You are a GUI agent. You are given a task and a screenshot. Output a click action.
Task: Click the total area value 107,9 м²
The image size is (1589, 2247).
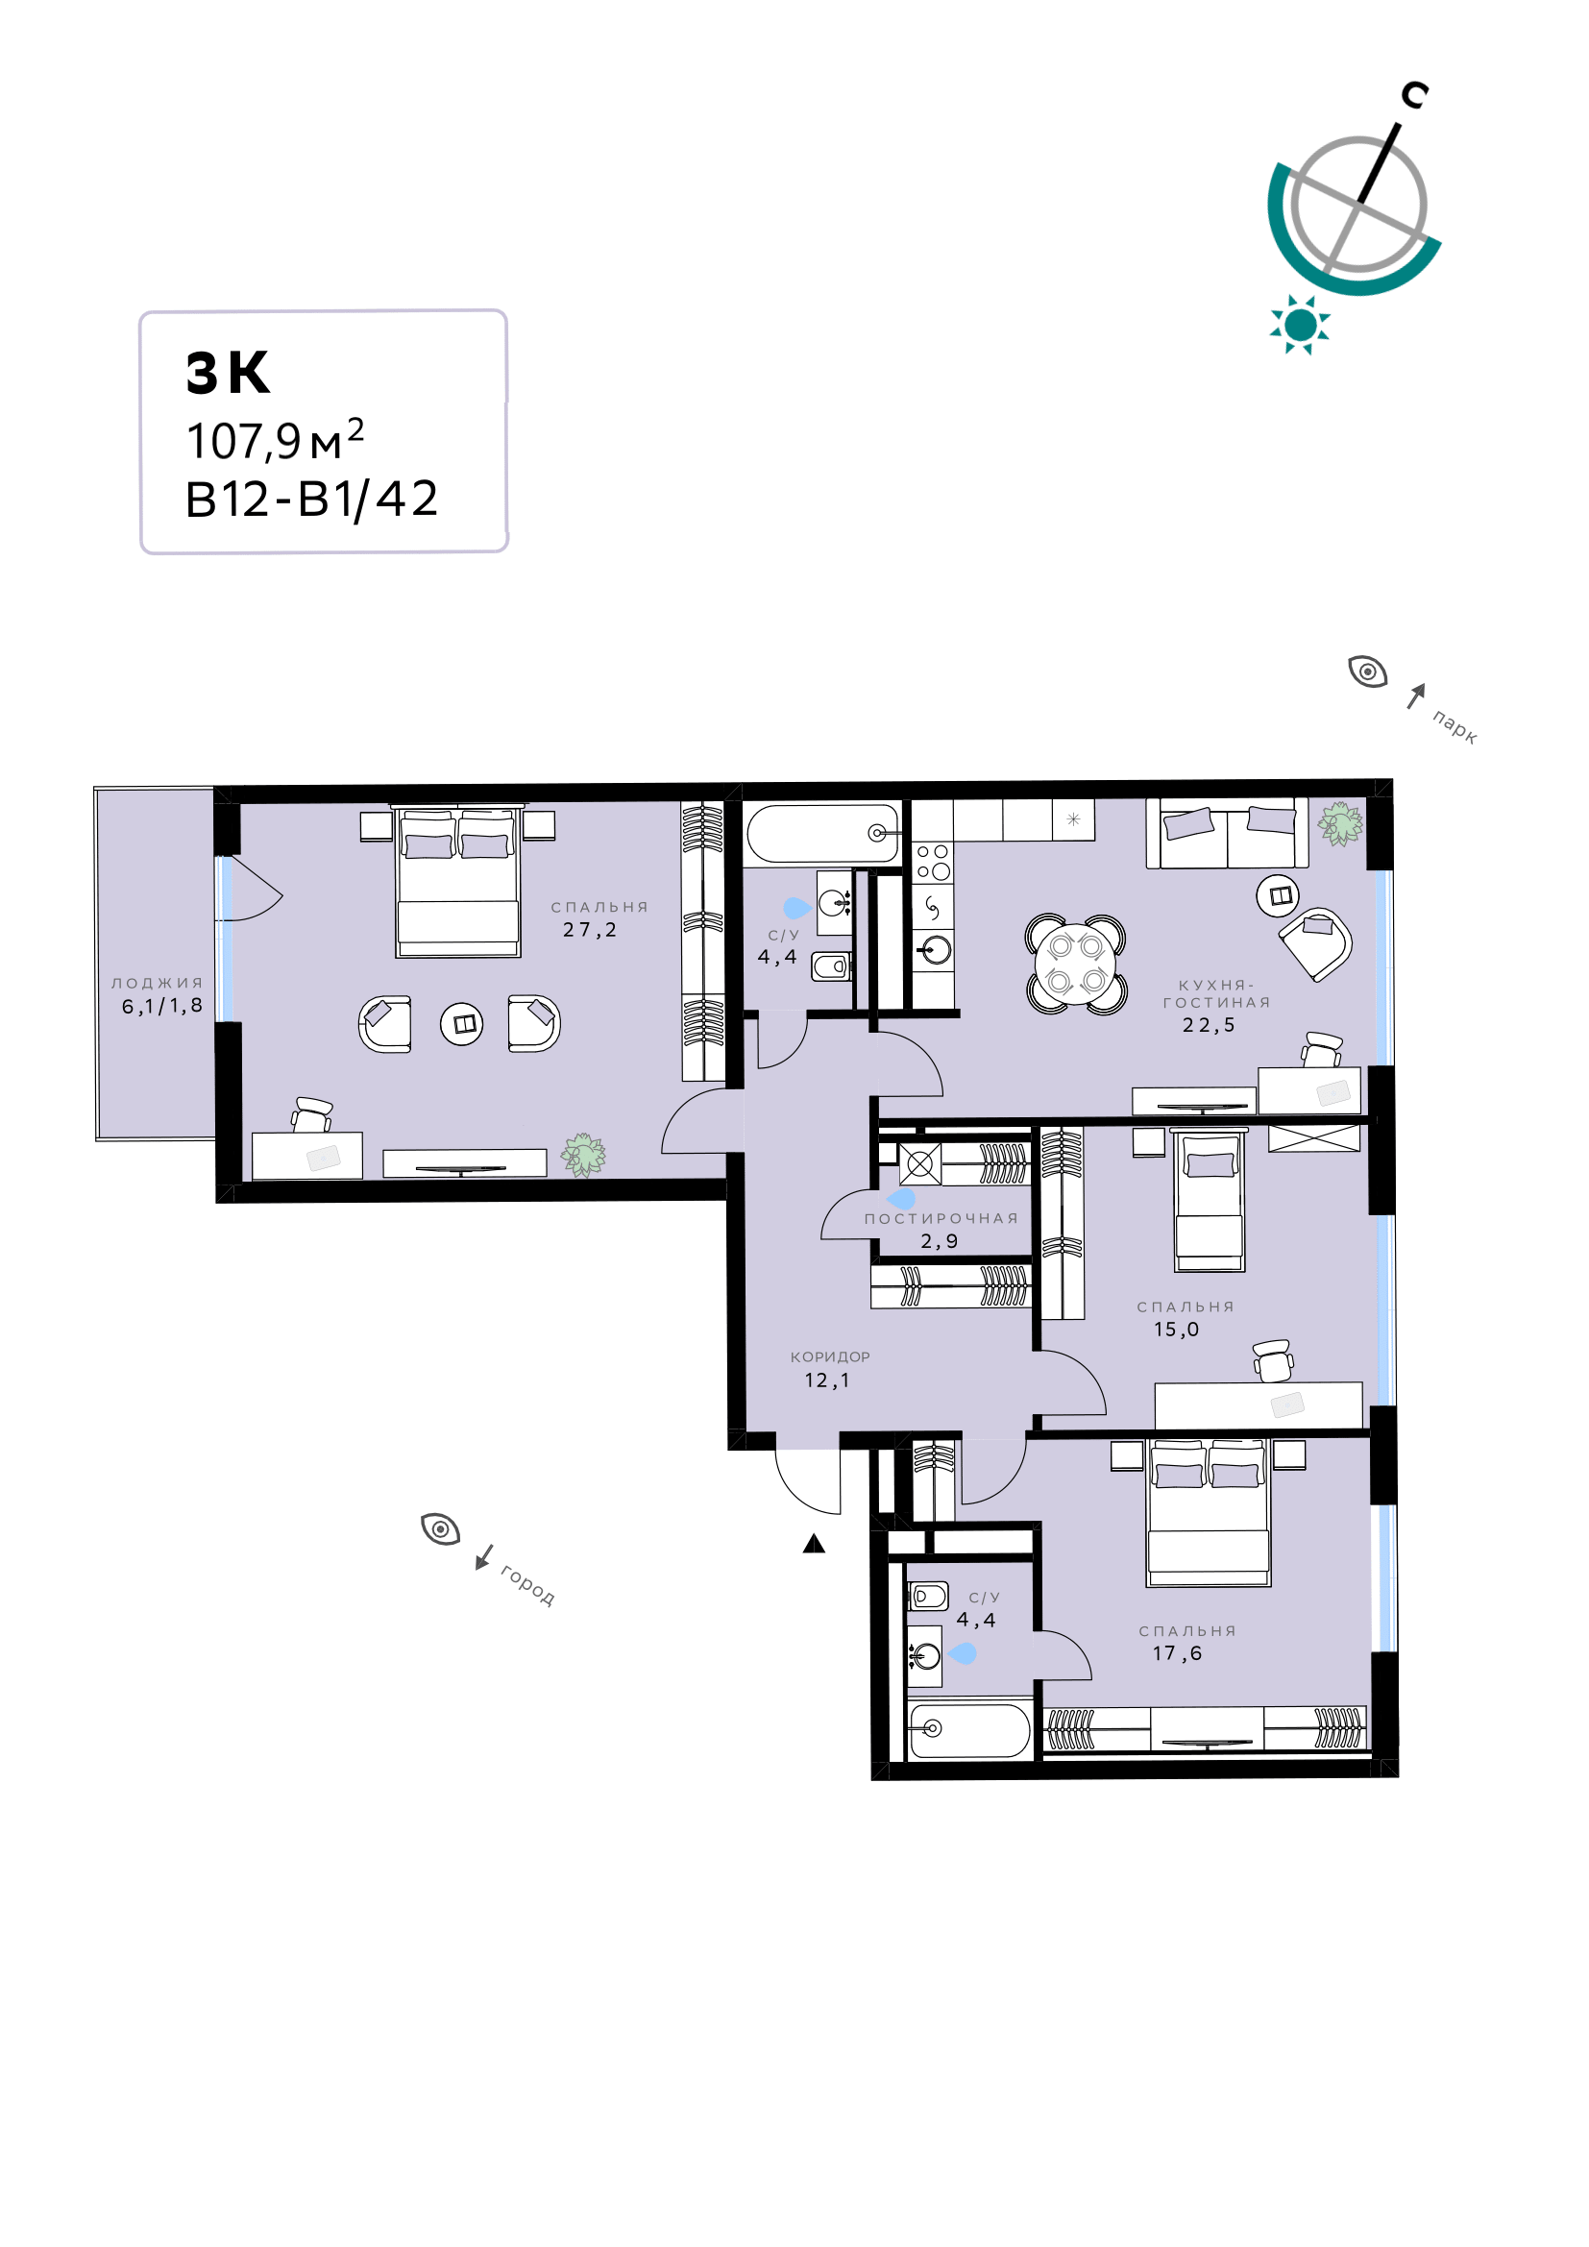[275, 439]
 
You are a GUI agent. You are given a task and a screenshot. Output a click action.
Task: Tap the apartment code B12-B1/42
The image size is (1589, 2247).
[311, 500]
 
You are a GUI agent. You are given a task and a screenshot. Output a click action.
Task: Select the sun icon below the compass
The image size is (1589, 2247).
[1300, 324]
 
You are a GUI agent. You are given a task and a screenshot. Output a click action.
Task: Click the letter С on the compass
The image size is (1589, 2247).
[1414, 95]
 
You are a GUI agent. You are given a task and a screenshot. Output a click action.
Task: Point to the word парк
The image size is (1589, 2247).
[1455, 727]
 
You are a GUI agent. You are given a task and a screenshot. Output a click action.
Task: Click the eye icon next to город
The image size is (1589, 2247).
[440, 1528]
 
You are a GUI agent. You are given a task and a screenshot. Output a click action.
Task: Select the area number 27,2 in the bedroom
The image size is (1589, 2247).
[590, 930]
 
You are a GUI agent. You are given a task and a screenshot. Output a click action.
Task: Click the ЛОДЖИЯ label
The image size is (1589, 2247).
[158, 983]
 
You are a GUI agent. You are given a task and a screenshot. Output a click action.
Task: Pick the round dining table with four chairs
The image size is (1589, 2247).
[1075, 964]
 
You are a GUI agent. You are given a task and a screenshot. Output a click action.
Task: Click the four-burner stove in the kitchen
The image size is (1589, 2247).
[933, 861]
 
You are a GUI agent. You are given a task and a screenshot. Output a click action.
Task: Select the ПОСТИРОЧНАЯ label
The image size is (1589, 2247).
[941, 1218]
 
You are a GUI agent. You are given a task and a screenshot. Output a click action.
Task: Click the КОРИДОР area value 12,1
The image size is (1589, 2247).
[828, 1380]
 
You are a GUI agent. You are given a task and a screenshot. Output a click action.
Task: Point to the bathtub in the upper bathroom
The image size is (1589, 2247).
[822, 833]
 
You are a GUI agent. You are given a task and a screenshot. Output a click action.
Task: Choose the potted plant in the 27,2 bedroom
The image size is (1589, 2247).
[583, 1155]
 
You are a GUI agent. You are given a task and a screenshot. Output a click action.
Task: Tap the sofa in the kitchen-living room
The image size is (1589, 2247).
[1227, 834]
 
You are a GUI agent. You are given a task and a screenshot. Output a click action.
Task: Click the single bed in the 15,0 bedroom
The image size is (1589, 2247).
[1210, 1199]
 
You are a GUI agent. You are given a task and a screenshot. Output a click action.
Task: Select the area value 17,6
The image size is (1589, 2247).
[1177, 1653]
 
